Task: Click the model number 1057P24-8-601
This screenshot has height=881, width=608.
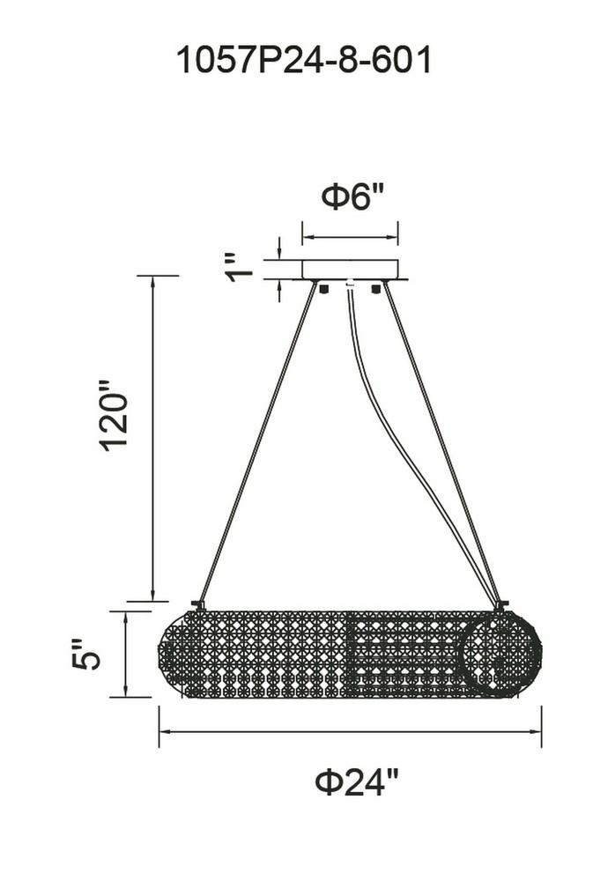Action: (304, 60)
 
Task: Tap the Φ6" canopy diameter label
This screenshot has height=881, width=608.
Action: (352, 196)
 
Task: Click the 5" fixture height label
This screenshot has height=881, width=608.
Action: (85, 654)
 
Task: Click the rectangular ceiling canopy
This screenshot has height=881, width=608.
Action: (350, 270)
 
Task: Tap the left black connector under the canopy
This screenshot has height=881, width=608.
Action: (323, 289)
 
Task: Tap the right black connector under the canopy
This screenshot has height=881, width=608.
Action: (376, 289)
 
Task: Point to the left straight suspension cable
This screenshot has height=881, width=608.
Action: (256, 441)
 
